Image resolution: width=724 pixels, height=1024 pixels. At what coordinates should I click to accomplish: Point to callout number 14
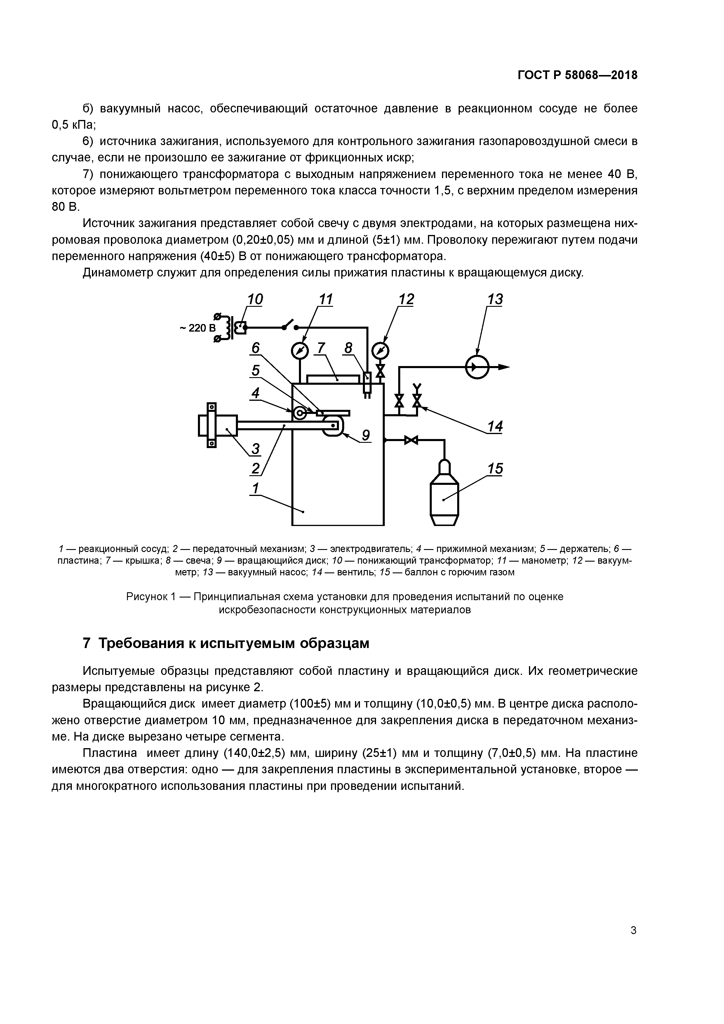(495, 426)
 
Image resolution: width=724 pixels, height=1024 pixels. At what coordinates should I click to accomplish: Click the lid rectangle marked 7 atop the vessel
(333, 379)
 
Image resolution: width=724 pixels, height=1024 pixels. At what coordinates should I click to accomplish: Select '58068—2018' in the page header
(601, 75)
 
